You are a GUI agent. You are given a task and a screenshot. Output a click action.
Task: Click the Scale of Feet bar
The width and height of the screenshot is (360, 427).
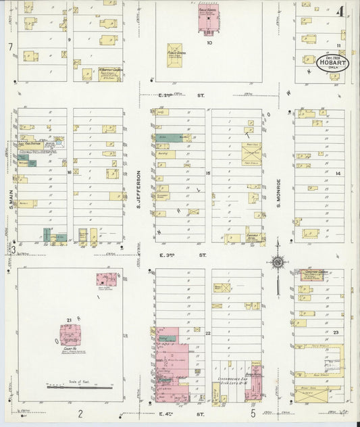click(x=80, y=387)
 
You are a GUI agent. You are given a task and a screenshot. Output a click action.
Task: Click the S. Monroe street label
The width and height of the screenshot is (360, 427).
click(x=278, y=192)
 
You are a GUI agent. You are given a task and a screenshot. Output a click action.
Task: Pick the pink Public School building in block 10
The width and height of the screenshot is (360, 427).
click(x=207, y=20)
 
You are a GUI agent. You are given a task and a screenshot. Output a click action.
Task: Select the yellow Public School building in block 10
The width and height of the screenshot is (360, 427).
click(x=175, y=55)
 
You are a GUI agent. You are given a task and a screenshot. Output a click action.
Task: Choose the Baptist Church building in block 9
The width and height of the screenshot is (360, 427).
click(x=107, y=73)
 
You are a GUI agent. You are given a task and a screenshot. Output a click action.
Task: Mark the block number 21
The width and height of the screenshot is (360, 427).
click(x=69, y=319)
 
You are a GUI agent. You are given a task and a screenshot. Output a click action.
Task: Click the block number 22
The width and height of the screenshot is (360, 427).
click(x=208, y=332)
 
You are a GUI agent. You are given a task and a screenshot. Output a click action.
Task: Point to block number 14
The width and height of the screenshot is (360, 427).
click(x=338, y=174)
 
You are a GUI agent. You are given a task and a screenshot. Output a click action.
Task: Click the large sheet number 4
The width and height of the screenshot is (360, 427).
click(x=342, y=11)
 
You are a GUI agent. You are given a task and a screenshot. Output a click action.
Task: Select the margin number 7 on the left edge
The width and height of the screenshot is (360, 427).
click(x=11, y=46)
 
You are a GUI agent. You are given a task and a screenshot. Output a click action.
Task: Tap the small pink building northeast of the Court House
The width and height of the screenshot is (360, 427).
click(x=106, y=279)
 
